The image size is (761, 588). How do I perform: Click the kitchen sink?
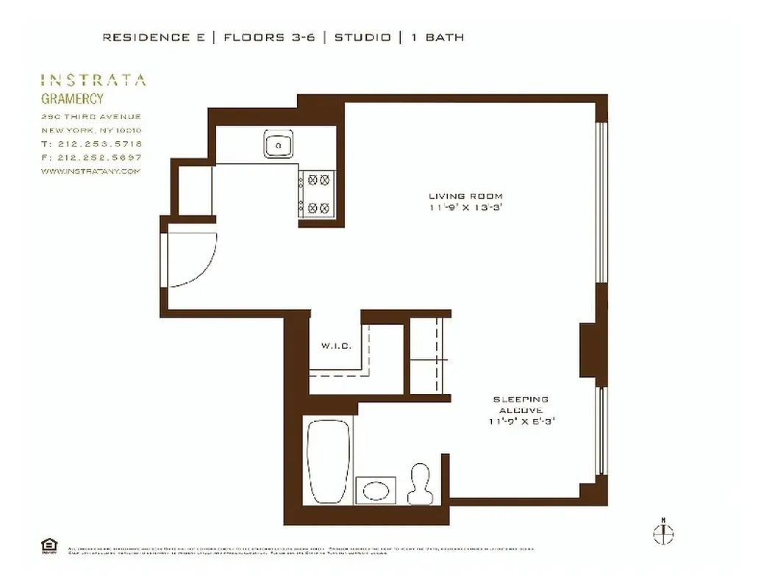click(x=279, y=146)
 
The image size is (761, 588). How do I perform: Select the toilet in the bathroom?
click(x=421, y=483)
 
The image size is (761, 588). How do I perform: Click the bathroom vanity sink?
click(x=376, y=490)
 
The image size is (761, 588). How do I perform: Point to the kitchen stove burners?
click(x=318, y=193)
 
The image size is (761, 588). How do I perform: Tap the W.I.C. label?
click(x=335, y=346)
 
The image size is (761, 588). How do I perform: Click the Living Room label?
click(x=465, y=196)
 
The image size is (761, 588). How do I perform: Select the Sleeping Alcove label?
click(x=520, y=404)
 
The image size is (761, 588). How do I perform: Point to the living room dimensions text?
click(x=465, y=208)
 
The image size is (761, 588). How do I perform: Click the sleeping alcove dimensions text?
click(x=520, y=422)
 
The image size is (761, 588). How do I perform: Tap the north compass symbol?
click(x=663, y=532)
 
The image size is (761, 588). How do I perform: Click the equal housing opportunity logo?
click(x=49, y=545)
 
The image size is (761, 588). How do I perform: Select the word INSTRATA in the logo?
click(x=93, y=80)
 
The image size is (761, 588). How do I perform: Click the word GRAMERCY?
click(x=72, y=99)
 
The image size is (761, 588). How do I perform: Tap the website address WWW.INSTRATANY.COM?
click(x=90, y=171)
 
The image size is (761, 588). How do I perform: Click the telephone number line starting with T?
click(x=92, y=144)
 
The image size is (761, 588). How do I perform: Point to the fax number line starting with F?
click(x=92, y=157)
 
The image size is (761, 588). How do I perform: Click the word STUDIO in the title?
click(x=362, y=37)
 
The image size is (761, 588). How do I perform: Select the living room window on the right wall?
click(x=601, y=202)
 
